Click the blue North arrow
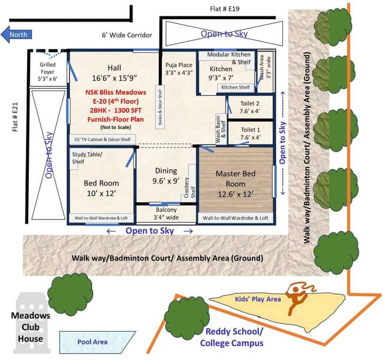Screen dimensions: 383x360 16,34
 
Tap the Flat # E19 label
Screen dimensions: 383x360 225,9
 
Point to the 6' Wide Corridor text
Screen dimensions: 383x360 127,35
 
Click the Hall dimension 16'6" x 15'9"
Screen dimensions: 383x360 114,78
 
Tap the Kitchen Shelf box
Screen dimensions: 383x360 236,88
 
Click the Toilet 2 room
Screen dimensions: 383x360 249,107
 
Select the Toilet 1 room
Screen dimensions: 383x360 250,133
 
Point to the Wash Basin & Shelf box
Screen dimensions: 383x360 221,129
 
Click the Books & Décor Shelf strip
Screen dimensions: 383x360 160,107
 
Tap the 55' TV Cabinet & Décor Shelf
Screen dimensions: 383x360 102,139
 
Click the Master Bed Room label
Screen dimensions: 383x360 236,184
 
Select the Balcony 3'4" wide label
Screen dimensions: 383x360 166,214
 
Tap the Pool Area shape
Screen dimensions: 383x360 96,342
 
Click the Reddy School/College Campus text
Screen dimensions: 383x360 232,337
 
